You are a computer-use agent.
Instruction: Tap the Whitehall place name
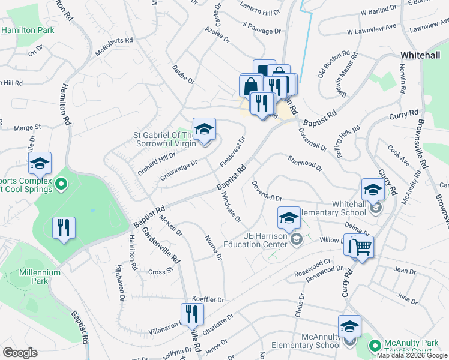(x=423, y=55)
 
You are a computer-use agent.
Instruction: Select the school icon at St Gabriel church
(x=204, y=130)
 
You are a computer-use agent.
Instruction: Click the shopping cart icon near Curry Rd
(x=361, y=247)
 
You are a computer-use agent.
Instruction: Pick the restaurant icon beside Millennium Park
(x=63, y=229)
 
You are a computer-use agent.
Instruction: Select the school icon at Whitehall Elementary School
(x=373, y=191)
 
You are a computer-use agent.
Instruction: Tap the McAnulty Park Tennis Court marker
(x=375, y=346)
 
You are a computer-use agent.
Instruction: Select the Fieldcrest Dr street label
(x=233, y=152)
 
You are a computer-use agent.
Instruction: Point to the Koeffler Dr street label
(x=208, y=299)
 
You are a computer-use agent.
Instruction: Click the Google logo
(x=20, y=352)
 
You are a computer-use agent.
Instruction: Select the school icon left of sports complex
(x=40, y=164)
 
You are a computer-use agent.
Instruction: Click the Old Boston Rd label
(x=338, y=65)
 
